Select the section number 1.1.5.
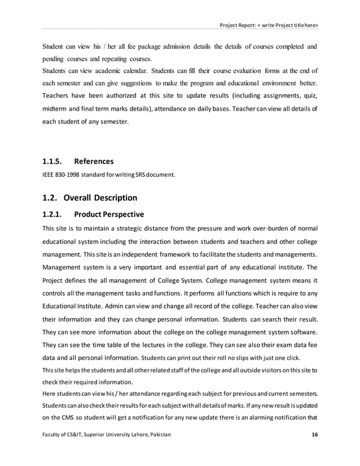[55, 161]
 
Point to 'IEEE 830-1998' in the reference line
[60, 174]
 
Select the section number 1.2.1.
[55, 214]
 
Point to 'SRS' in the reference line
[134, 174]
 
